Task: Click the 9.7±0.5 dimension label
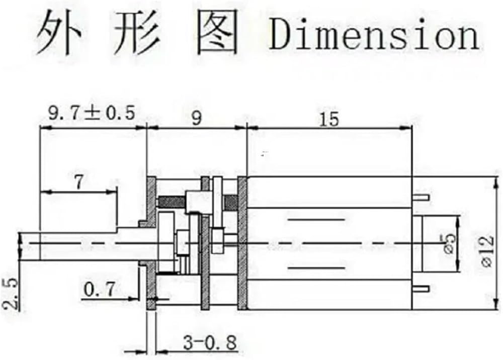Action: [92, 113]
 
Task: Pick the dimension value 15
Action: [329, 119]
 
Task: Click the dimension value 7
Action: [78, 182]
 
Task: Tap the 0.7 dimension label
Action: [99, 289]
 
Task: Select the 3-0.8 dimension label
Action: [210, 342]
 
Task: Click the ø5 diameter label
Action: [449, 244]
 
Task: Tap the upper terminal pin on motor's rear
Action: [420, 197]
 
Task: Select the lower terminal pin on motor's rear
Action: [420, 289]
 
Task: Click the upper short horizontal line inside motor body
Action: [316, 220]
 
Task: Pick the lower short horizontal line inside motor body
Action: [316, 267]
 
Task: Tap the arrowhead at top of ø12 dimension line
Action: [497, 182]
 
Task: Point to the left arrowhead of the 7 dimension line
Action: [46, 193]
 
